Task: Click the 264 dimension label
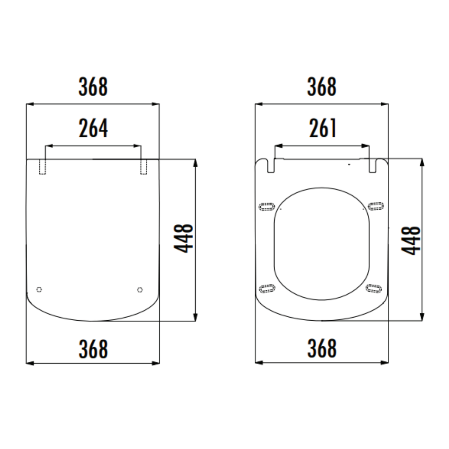click(x=93, y=128)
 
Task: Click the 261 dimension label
click(x=322, y=128)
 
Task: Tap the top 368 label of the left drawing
click(x=93, y=87)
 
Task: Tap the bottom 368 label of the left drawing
click(x=93, y=349)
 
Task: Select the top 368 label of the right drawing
click(x=322, y=87)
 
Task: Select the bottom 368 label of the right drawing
click(x=322, y=348)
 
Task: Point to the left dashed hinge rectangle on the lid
click(x=42, y=167)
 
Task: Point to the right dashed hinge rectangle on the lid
click(x=143, y=167)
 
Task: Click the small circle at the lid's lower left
click(x=39, y=289)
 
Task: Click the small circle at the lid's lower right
click(x=140, y=290)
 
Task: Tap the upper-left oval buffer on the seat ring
click(x=267, y=206)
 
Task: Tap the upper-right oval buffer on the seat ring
click(x=376, y=206)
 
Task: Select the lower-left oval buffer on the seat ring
click(x=267, y=288)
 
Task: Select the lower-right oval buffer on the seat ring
click(x=374, y=288)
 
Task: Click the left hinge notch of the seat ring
click(x=271, y=166)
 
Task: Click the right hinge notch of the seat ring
click(x=372, y=166)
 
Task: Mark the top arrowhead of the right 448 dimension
click(x=422, y=162)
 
